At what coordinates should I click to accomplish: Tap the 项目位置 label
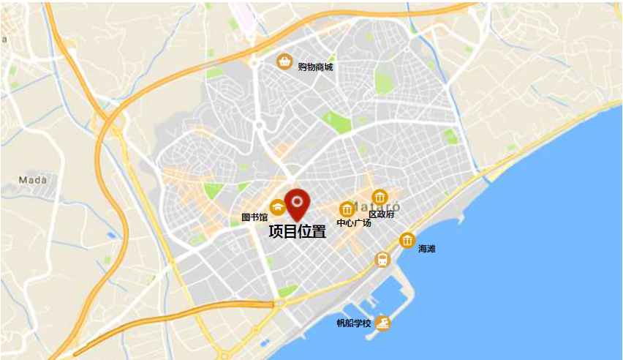point(297,232)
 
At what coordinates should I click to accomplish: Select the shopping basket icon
point(284,61)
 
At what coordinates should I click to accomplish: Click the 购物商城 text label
point(315,67)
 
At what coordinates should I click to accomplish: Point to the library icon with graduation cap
point(278,207)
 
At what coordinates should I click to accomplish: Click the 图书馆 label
point(254,217)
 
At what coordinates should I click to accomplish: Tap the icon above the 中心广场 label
point(347,209)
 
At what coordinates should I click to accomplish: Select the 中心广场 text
point(353,222)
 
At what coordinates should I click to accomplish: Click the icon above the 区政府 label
point(380,197)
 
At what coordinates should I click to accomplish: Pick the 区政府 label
point(381,214)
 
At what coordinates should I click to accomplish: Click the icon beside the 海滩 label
point(407,240)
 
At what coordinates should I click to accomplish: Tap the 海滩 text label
point(426,249)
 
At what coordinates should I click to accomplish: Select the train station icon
point(382,259)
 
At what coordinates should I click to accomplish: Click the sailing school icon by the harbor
point(382,323)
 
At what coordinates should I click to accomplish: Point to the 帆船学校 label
point(354,323)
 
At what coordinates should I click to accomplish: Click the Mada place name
point(33,179)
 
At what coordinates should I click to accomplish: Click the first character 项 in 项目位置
point(276,232)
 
